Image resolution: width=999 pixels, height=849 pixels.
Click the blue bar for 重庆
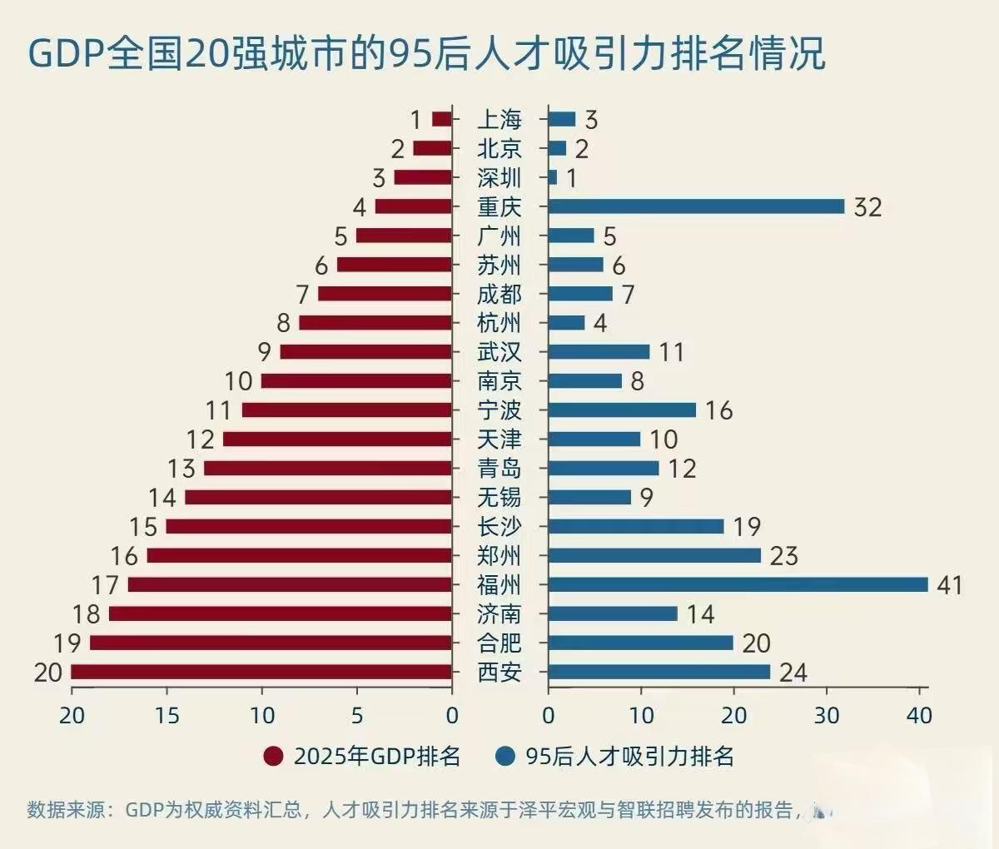tap(696, 206)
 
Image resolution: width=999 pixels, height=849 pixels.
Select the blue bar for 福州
tap(738, 584)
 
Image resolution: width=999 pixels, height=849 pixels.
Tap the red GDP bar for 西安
tap(261, 672)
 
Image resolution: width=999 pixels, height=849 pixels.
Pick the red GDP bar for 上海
tap(442, 119)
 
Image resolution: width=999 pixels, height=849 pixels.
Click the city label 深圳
tap(499, 178)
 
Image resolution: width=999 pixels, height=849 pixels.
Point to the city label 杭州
tap(499, 323)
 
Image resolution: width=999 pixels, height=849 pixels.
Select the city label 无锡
tap(499, 498)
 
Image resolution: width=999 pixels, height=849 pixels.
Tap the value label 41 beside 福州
tap(950, 585)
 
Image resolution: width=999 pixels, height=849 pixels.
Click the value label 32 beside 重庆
tap(867, 207)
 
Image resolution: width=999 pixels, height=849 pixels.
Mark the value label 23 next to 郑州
tap(783, 556)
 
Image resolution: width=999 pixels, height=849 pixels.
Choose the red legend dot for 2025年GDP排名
tap(273, 756)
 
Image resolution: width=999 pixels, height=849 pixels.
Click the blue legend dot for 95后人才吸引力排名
tap(504, 756)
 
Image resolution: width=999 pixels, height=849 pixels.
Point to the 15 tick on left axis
tap(167, 715)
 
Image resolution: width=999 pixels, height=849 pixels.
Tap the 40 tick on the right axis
tap(919, 715)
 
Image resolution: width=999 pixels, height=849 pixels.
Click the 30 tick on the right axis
tap(827, 715)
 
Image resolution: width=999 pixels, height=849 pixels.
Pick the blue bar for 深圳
tap(553, 177)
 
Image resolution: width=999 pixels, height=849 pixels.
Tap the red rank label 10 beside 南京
tap(238, 381)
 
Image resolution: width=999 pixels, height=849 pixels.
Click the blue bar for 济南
tap(613, 613)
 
